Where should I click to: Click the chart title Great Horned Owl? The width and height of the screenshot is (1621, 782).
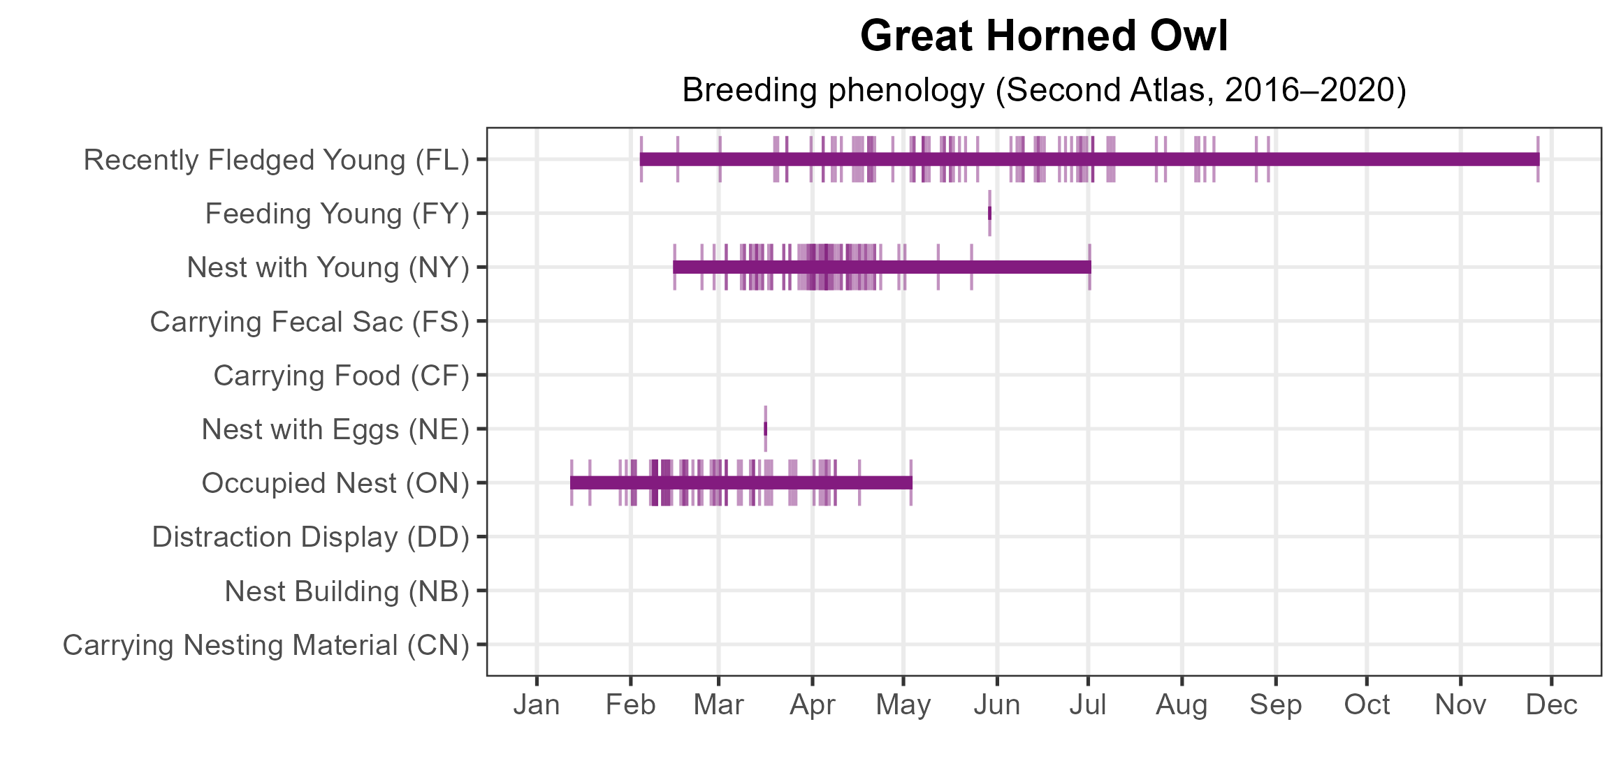1044,36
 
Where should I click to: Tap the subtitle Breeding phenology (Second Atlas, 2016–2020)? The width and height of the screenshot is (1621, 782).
1044,90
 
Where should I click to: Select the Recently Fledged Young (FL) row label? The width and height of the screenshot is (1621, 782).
277,160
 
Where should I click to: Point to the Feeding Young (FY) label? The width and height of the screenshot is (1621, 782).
337,214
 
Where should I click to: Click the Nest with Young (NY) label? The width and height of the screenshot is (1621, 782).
328,267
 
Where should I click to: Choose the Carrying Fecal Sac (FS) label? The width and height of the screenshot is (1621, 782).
310,322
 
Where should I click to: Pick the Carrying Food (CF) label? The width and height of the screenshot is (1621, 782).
342,376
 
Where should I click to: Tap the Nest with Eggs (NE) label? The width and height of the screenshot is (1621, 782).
335,429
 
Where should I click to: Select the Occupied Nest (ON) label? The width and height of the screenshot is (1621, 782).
335,483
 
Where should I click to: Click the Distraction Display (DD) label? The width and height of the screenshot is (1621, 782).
311,537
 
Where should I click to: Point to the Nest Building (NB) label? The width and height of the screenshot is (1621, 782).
347,591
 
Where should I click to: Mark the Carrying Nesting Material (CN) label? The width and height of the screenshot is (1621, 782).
266,645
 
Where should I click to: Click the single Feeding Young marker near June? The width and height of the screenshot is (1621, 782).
989,213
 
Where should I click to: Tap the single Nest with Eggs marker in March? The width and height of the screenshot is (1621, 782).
765,429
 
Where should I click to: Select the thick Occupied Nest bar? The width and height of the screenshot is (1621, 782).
741,482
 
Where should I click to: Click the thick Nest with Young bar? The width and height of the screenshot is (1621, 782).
882,267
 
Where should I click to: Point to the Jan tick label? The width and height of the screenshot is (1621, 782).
537,705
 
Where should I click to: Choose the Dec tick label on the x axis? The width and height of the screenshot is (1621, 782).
1551,705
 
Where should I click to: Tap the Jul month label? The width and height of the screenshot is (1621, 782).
1088,705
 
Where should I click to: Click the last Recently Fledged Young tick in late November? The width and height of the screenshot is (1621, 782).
1538,159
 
